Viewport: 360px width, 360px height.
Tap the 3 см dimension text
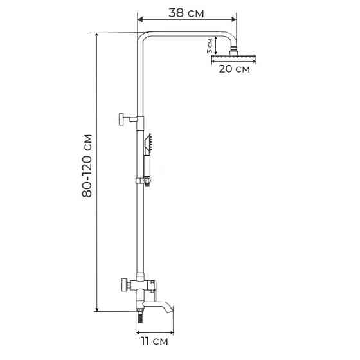(x=209, y=46)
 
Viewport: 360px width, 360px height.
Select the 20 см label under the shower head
(x=234, y=69)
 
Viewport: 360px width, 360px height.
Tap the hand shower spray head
(x=148, y=142)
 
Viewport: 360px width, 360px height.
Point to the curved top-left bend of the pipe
(x=143, y=37)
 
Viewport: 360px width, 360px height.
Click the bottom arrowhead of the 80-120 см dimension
(x=96, y=310)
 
